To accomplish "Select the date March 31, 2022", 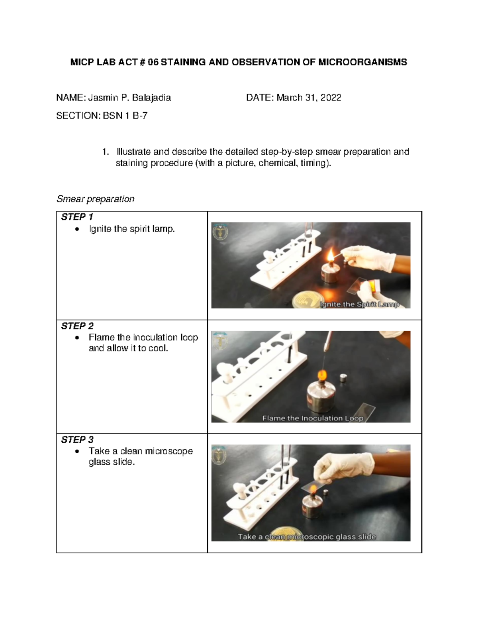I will pyautogui.click(x=309, y=98).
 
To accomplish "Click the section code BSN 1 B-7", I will pyautogui.click(x=125, y=116).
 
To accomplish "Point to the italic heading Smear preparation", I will pyautogui.click(x=95, y=199).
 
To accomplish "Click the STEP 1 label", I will pyautogui.click(x=77, y=217).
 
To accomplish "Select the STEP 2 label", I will pyautogui.click(x=77, y=326).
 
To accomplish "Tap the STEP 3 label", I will pyautogui.click(x=77, y=440).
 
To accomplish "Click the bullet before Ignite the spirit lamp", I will pyautogui.click(x=77, y=229).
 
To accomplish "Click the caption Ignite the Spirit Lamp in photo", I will pyautogui.click(x=359, y=305).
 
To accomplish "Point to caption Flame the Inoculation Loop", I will pyautogui.click(x=313, y=418).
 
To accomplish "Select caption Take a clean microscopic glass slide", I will pyautogui.click(x=307, y=537).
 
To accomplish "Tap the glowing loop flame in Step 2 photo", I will pyautogui.click(x=321, y=375).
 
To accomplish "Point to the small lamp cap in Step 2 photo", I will pyautogui.click(x=343, y=377).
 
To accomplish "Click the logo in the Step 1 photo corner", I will pyautogui.click(x=220, y=232).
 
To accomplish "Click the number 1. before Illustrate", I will pyautogui.click(x=105, y=152).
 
